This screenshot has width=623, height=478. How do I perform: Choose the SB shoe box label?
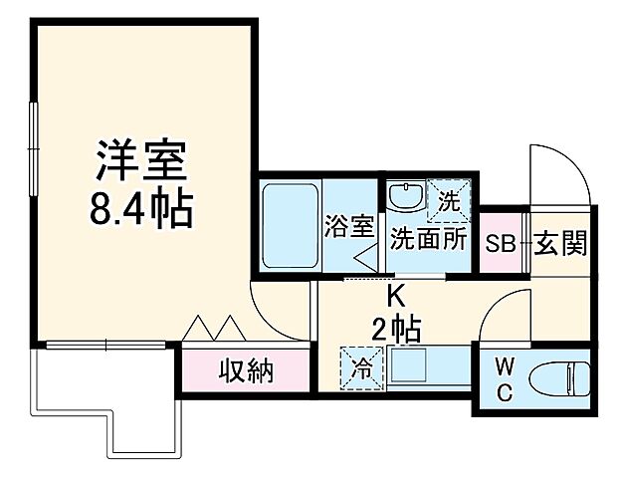coord(501,242)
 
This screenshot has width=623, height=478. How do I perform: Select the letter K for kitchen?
coord(395,296)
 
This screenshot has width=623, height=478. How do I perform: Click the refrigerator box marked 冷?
coord(358,368)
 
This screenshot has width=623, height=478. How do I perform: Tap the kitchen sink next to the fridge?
coord(412,368)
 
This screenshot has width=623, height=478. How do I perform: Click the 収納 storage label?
coord(245,372)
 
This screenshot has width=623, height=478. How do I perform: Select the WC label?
coord(505,379)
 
